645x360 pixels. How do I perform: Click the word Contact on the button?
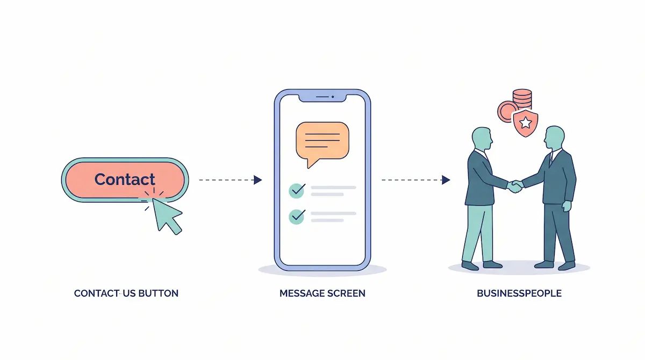[125, 179]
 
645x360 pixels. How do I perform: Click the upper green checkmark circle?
[297, 191]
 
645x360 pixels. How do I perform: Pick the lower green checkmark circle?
[297, 217]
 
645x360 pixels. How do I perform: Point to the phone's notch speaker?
[322, 97]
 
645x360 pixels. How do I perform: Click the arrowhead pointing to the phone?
[257, 180]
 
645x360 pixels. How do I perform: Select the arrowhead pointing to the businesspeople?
[446, 180]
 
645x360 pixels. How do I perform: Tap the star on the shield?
[526, 123]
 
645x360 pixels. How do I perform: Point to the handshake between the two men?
[515, 186]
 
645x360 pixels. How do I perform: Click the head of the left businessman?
[482, 139]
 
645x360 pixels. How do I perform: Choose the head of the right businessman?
[554, 138]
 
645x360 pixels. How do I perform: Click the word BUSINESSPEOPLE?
[519, 293]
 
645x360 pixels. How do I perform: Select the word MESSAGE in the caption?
[300, 293]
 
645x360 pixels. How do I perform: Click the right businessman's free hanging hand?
[567, 206]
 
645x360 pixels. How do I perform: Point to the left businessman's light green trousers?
[477, 233]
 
